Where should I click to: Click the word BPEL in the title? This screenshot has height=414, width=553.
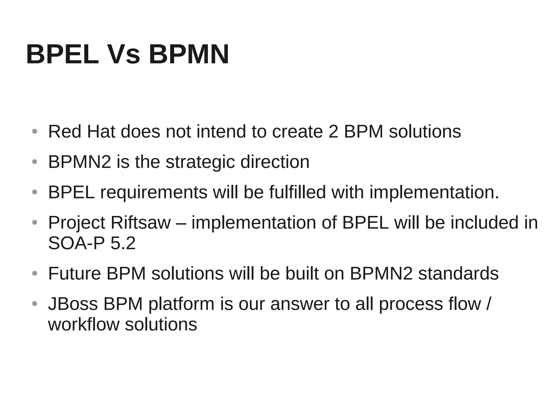[62, 55]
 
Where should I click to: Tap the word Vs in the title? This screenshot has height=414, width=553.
[124, 55]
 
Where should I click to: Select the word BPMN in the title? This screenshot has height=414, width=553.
[189, 55]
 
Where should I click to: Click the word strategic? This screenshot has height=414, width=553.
[200, 162]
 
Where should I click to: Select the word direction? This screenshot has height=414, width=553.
[275, 162]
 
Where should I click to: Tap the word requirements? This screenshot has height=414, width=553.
[154, 193]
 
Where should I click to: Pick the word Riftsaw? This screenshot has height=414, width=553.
[141, 223]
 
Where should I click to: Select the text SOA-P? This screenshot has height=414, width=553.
[76, 243]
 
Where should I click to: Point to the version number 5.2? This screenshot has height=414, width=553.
[123, 243]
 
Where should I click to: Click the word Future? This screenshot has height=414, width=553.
[75, 274]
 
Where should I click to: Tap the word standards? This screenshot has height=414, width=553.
[458, 274]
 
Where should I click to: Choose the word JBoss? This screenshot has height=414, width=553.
[73, 304]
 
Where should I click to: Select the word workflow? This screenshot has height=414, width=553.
[84, 325]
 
